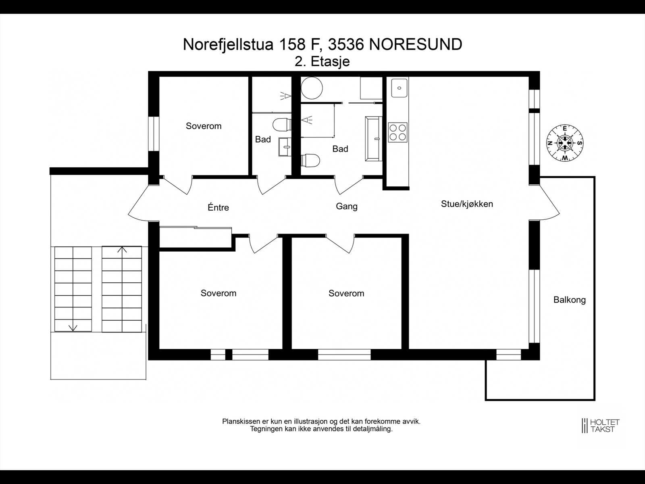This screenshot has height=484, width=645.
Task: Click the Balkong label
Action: point(569,300)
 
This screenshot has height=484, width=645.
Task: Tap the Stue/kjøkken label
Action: point(467,204)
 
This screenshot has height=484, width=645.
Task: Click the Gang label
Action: point(347,207)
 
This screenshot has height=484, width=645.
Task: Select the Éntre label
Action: point(218,207)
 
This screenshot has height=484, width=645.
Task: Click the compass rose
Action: point(565,143)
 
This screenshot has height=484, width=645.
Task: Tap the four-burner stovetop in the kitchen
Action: point(397,132)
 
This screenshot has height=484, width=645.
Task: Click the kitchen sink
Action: point(399,88)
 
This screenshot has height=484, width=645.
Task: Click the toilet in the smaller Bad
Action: point(282,124)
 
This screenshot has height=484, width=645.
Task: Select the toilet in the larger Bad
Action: point(311,160)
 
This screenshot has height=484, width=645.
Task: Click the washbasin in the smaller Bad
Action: point(285,146)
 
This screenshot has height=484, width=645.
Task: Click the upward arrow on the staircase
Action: point(122,250)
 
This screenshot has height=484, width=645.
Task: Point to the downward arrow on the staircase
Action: point(73,327)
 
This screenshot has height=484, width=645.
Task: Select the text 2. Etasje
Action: point(322,62)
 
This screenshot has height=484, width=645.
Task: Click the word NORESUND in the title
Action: point(415,44)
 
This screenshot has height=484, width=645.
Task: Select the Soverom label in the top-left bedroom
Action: point(204,126)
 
